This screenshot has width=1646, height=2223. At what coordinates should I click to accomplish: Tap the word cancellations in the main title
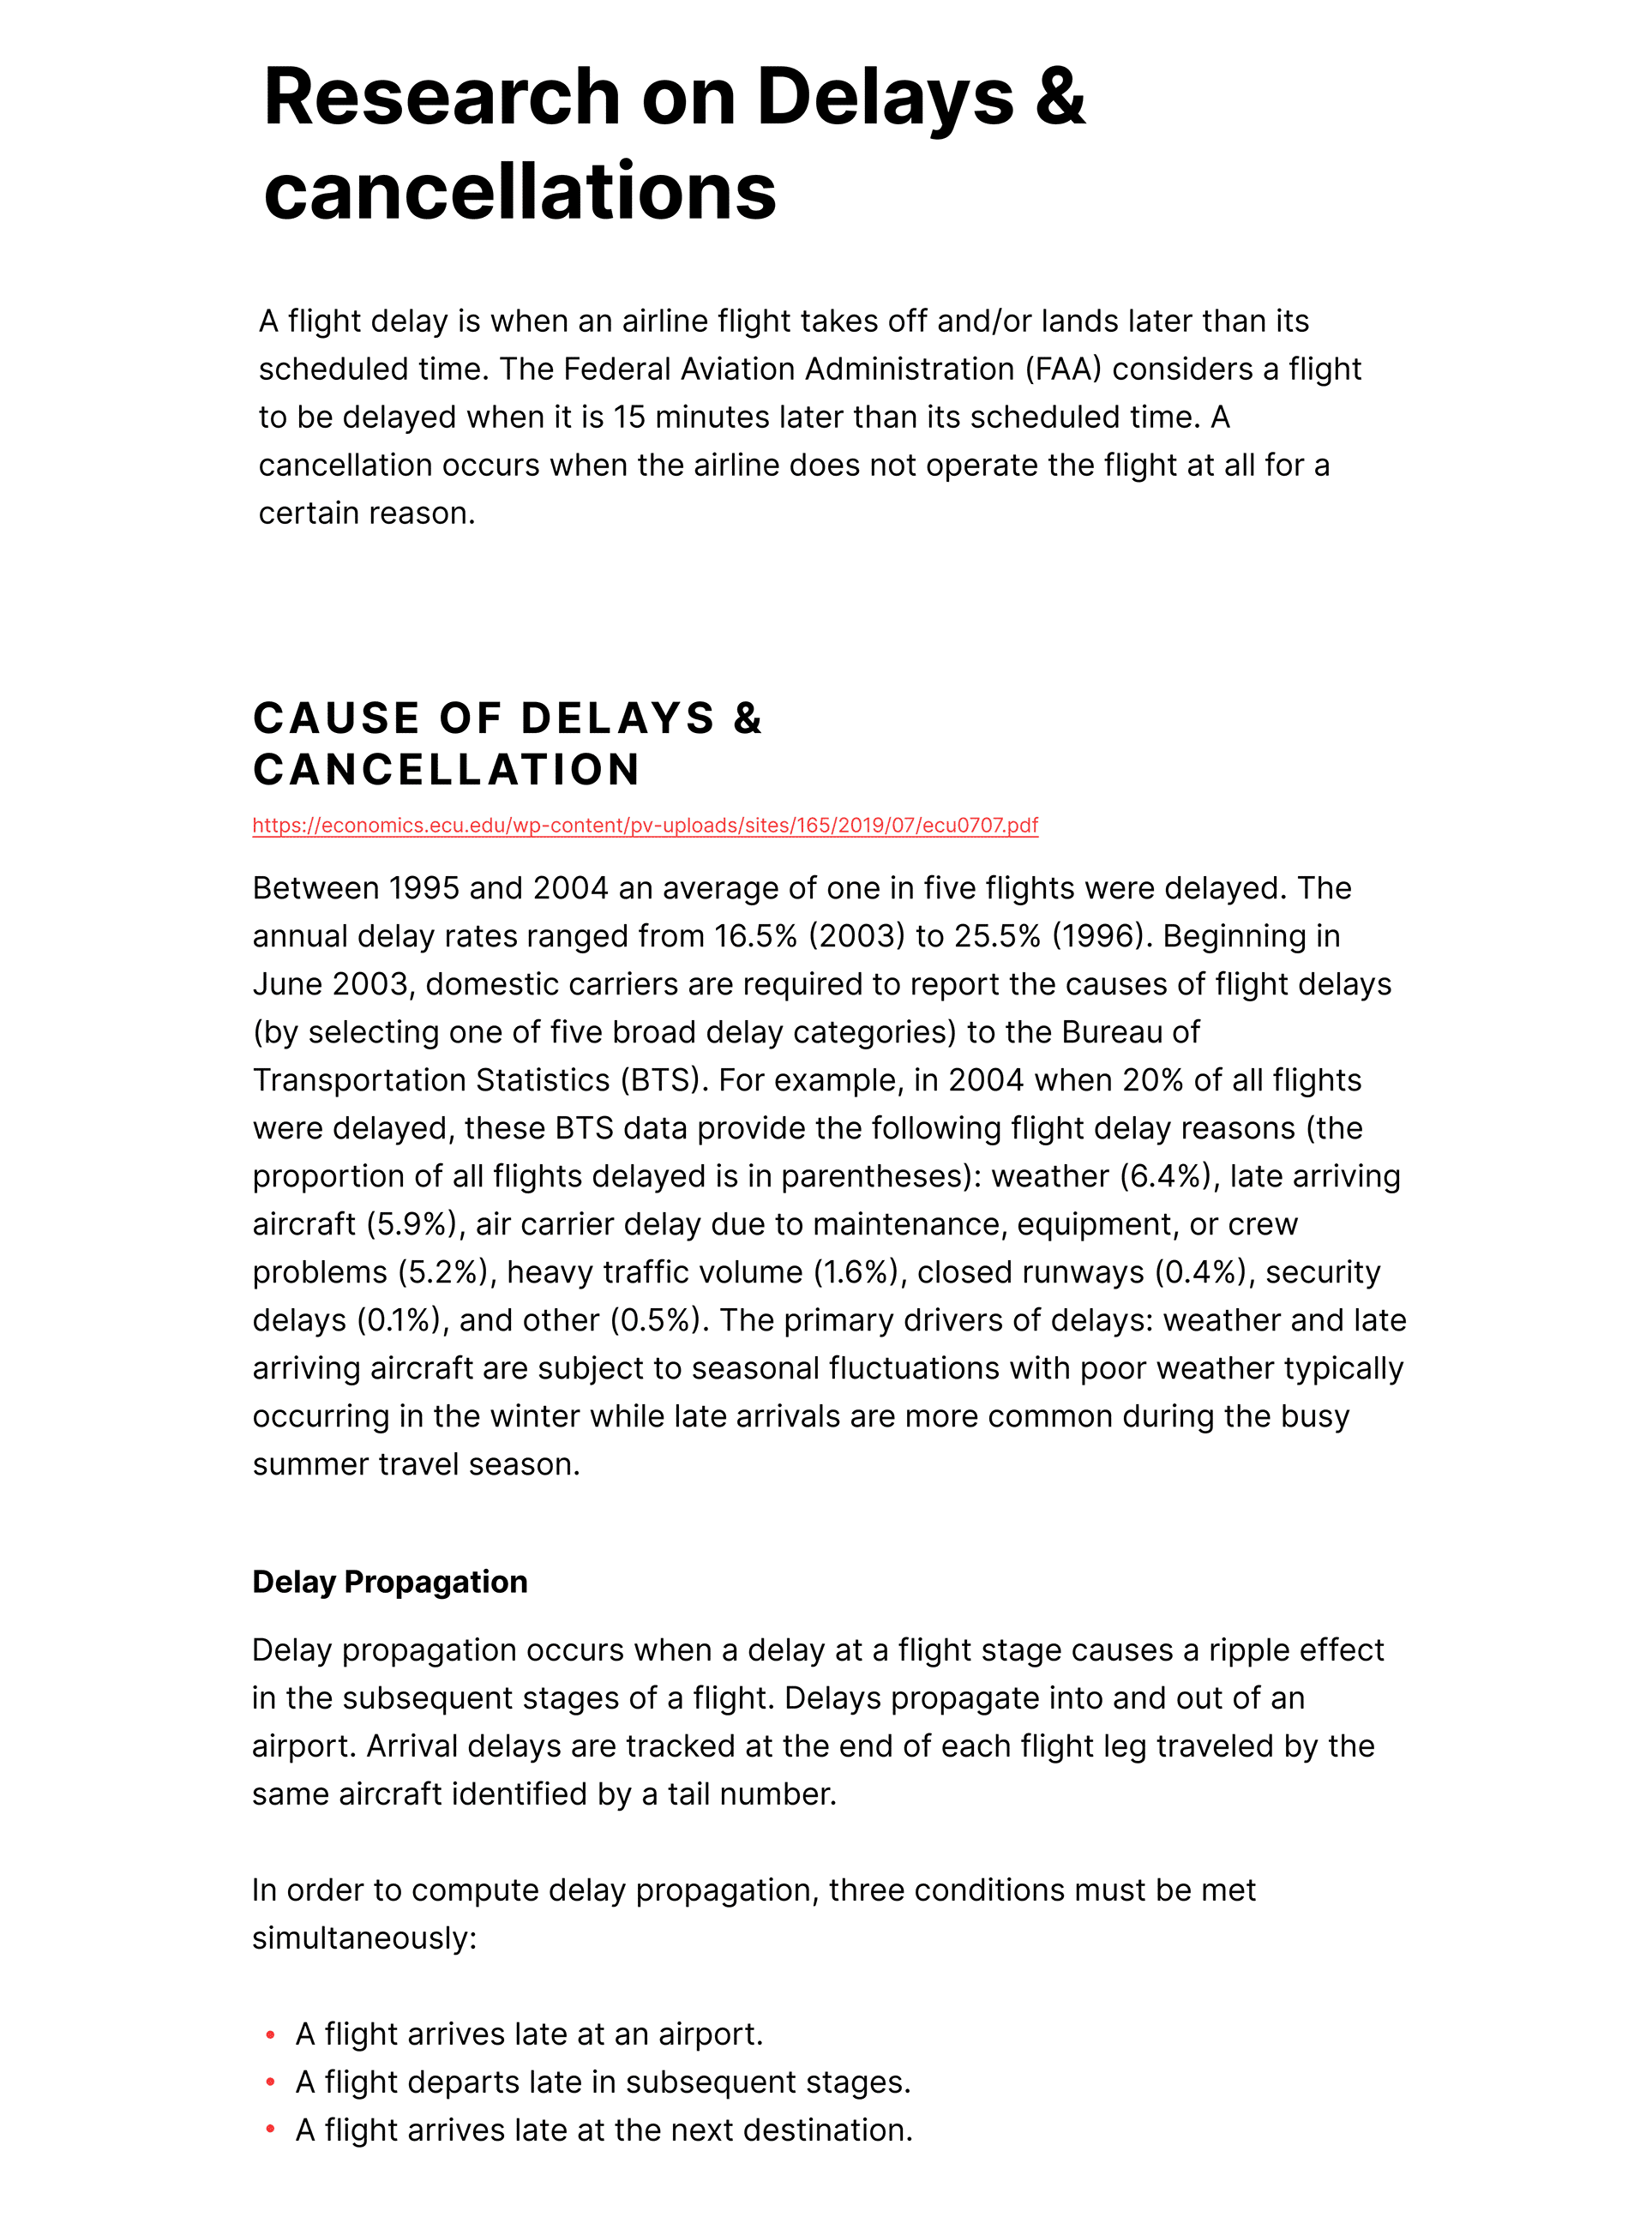click(520, 192)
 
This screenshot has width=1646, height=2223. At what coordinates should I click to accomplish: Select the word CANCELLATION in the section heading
click(447, 769)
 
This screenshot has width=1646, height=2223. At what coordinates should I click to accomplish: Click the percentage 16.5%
click(755, 937)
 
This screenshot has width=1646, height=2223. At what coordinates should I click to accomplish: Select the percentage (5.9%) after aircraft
click(417, 1224)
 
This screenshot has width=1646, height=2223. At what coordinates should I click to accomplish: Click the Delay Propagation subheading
click(389, 1583)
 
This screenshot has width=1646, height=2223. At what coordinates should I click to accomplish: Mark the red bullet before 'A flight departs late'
click(270, 2082)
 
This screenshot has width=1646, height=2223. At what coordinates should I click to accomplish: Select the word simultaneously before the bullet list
click(363, 1938)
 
